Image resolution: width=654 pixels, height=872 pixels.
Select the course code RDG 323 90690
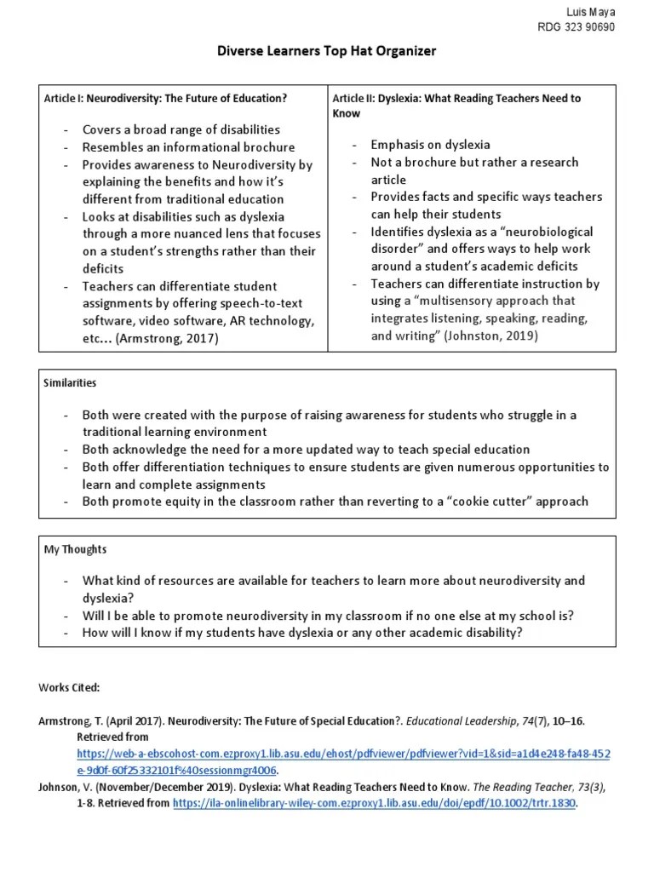(576, 26)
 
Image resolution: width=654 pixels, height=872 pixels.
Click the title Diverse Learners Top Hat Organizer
(327, 51)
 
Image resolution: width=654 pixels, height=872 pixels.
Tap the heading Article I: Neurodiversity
(165, 99)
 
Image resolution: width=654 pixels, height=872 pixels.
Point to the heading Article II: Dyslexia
(456, 105)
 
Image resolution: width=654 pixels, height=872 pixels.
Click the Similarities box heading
(71, 383)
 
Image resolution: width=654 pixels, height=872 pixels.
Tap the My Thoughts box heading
(76, 549)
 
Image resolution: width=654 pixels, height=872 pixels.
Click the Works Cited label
(69, 687)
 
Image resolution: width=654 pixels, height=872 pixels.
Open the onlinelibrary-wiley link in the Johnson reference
(376, 803)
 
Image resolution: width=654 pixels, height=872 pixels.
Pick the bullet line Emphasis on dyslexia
(430, 145)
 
